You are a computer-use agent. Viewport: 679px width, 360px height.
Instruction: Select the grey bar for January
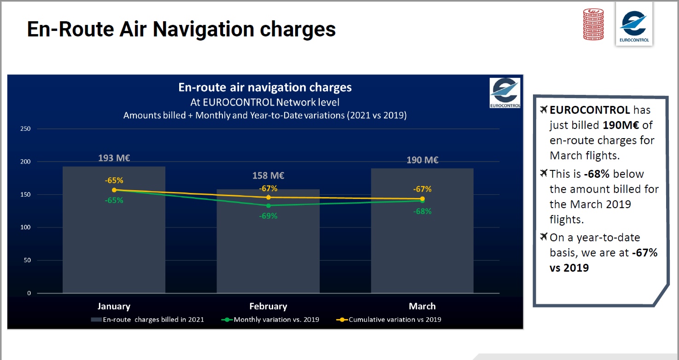tap(114, 239)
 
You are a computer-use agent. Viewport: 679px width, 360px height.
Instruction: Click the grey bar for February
tap(268, 249)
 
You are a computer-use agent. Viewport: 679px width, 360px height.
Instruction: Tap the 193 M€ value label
tap(114, 158)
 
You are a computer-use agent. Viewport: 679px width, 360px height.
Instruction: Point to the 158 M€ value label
tap(268, 176)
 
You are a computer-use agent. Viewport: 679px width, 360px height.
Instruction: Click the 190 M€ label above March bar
tap(422, 160)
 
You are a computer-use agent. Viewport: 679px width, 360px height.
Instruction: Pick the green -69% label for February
tap(268, 215)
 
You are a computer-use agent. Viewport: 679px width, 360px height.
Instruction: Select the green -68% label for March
tap(422, 211)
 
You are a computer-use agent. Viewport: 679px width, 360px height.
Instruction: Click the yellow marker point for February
tap(268, 197)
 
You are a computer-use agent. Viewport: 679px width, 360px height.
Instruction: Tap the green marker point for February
tap(268, 205)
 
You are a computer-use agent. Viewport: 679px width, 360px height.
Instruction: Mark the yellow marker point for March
tap(422, 199)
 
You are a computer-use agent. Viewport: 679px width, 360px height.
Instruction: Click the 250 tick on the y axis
tap(26, 129)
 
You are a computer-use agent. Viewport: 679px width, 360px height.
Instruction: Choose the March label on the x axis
tap(422, 307)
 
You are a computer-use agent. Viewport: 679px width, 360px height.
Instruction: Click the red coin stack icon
tap(593, 24)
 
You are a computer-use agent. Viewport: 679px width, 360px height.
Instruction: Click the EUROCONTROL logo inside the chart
tap(505, 93)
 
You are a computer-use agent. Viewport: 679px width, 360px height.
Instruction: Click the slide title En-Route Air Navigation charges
tap(181, 29)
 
